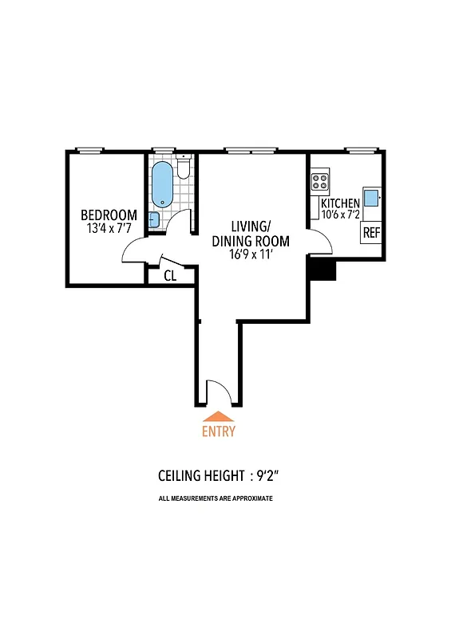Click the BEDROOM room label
pyautogui.click(x=109, y=215)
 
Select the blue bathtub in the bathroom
pyautogui.click(x=162, y=185)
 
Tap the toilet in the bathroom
pyautogui.click(x=183, y=167)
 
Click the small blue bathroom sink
pyautogui.click(x=154, y=220)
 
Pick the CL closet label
pyautogui.click(x=170, y=276)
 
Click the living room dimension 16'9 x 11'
pyautogui.click(x=250, y=254)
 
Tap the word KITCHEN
pyautogui.click(x=339, y=204)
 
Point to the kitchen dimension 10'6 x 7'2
pyautogui.click(x=340, y=215)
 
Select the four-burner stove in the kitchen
pyautogui.click(x=320, y=181)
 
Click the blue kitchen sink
pyautogui.click(x=371, y=198)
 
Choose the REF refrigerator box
pyautogui.click(x=371, y=233)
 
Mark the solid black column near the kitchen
pyautogui.click(x=322, y=268)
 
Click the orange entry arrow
pyautogui.click(x=219, y=415)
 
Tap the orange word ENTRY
pyautogui.click(x=219, y=431)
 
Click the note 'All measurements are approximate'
pyautogui.click(x=216, y=498)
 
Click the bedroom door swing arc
pyautogui.click(x=133, y=251)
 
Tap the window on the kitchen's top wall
pyautogui.click(x=360, y=149)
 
